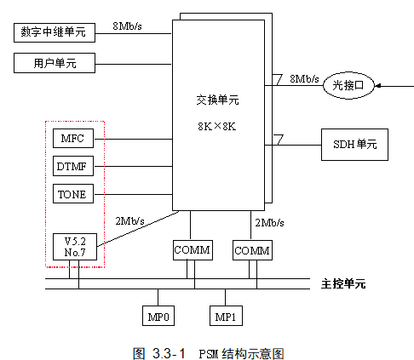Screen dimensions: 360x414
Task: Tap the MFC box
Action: (72, 139)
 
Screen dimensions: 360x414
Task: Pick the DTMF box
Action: (72, 165)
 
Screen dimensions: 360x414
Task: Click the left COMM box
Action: (191, 251)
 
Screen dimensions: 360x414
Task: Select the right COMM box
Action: (252, 251)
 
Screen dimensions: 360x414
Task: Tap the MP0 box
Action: (158, 317)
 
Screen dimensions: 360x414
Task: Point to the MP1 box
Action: (226, 317)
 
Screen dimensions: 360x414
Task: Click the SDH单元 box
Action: (354, 144)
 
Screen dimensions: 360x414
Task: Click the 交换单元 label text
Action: (217, 100)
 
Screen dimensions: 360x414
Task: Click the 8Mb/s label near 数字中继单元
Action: (127, 27)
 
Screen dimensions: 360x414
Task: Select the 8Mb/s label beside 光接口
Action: (305, 77)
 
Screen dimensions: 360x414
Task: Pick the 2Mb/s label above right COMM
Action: (270, 221)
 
